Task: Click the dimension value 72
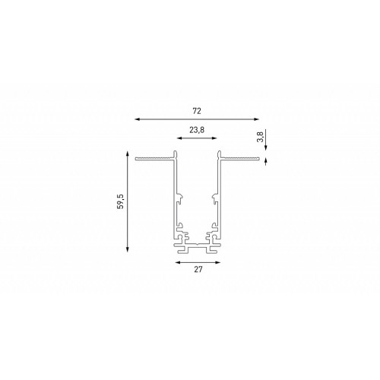click(x=197, y=111)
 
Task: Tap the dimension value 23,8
click(x=197, y=130)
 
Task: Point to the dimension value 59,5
click(x=121, y=201)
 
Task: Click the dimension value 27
click(x=198, y=270)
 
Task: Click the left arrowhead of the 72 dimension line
click(x=138, y=119)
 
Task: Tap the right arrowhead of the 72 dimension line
click(x=256, y=119)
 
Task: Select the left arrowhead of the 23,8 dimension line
click(x=179, y=138)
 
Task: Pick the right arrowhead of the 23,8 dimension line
click(x=214, y=138)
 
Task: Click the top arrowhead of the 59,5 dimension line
click(x=128, y=154)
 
